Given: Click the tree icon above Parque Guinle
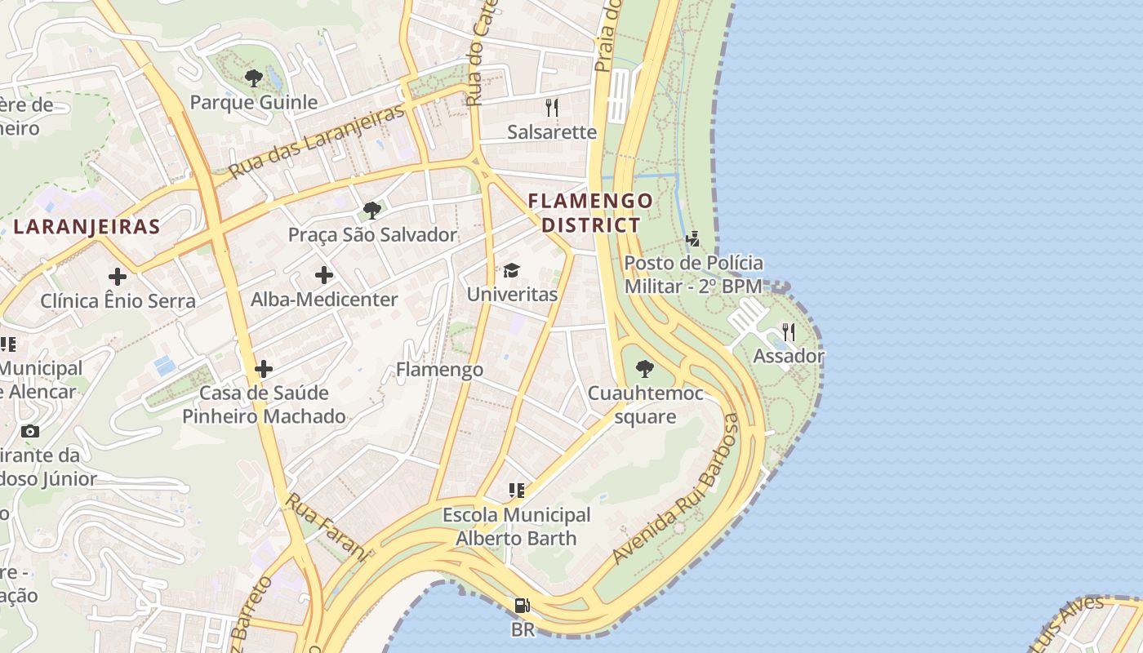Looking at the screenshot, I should (x=253, y=78).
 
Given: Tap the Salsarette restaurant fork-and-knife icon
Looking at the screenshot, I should (x=552, y=108).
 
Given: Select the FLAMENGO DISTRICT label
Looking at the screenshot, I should (x=590, y=212).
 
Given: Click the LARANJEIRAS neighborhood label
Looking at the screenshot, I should (x=87, y=226).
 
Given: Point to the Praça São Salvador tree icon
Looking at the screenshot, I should (x=372, y=211).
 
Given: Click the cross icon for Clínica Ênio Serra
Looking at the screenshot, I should (x=118, y=277).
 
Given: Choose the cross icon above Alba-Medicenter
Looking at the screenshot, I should (x=324, y=275).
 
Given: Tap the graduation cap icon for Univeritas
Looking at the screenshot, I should (x=512, y=270).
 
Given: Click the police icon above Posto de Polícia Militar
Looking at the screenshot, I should (x=693, y=239).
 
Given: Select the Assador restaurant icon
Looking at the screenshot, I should (x=789, y=331).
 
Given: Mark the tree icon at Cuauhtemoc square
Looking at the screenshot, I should (x=645, y=369).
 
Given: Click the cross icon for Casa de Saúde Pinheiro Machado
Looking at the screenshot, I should (x=264, y=369).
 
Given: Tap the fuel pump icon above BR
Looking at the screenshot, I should (x=523, y=606).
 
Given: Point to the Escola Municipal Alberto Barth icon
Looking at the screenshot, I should (x=516, y=491).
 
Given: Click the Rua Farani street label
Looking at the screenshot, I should (x=326, y=526).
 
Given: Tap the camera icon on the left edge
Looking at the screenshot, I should (x=30, y=431).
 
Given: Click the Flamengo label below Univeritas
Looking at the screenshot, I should (x=440, y=370).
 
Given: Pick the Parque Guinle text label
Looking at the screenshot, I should (x=253, y=102).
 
